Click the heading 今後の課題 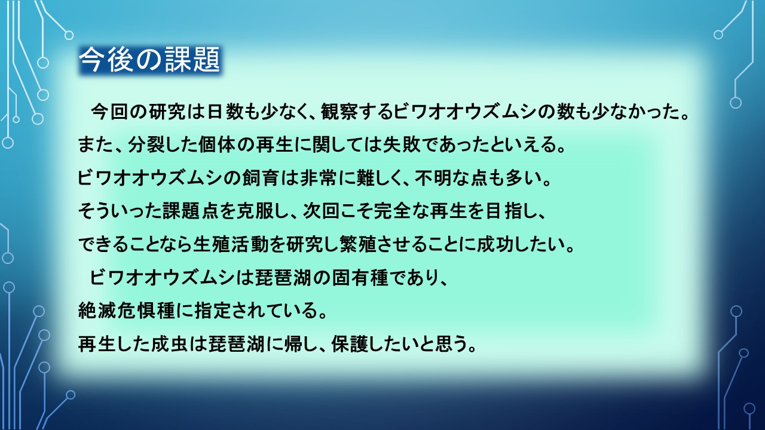click(x=150, y=60)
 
